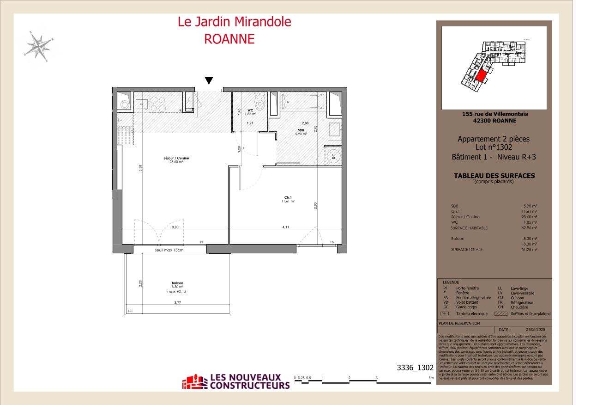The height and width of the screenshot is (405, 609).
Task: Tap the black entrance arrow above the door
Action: [209, 80]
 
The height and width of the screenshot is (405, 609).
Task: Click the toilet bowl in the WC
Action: [260, 102]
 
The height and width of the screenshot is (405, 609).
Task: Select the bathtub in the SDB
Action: [302, 101]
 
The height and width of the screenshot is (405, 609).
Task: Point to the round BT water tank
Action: [333, 156]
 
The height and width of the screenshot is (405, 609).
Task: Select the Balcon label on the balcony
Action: [177, 283]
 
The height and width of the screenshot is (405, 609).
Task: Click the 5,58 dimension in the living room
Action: [140, 169]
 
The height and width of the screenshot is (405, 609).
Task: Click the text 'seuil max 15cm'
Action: [169, 250]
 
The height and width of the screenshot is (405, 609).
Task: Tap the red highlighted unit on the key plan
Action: [481, 76]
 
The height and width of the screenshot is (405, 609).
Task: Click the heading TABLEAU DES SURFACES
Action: [494, 176]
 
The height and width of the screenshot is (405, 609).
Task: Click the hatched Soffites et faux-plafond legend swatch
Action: [501, 313]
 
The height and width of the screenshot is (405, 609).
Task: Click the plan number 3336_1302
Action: [415, 368]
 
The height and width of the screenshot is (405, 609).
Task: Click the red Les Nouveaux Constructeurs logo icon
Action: [194, 382]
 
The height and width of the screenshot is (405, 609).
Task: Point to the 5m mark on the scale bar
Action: [430, 379]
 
